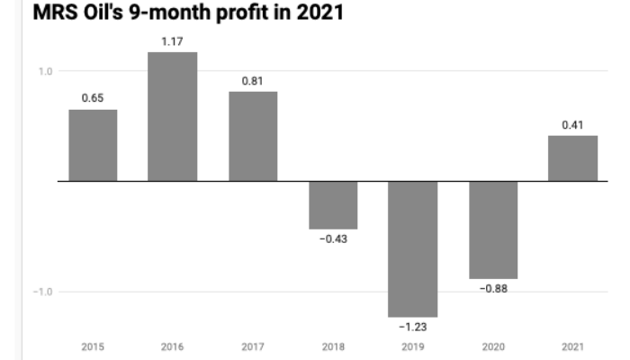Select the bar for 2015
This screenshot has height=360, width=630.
93,146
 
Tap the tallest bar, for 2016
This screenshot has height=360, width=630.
173,117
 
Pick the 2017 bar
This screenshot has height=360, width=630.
253,136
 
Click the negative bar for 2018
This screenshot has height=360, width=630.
333,205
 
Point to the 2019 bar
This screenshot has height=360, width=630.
413,248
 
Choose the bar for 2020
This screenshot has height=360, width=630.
493,229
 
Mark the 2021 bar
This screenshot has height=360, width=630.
573,158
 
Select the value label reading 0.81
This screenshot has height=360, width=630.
253,80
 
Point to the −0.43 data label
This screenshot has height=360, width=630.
333,240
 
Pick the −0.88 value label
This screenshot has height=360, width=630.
493,290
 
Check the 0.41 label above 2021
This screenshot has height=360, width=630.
573,124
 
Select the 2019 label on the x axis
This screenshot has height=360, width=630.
413,346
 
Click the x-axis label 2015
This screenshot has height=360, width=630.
93,346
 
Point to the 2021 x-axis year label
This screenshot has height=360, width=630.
573,346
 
